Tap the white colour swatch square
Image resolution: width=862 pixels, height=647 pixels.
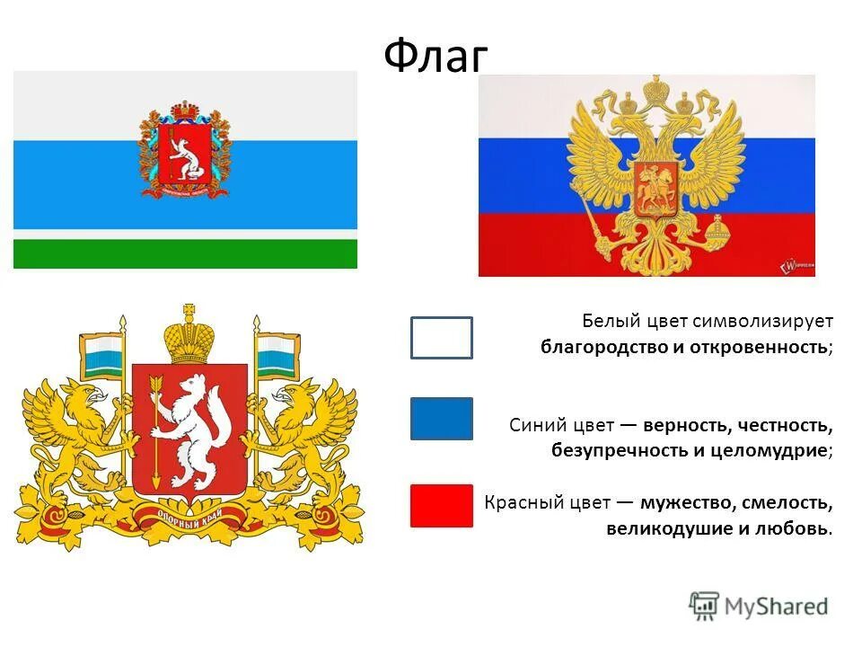click(441, 338)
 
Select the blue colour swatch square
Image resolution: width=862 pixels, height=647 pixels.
click(441, 419)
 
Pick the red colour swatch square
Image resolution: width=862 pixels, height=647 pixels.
click(441, 505)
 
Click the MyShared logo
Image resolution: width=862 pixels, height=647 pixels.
click(759, 606)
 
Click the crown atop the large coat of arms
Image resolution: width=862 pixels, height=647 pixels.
click(189, 337)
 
